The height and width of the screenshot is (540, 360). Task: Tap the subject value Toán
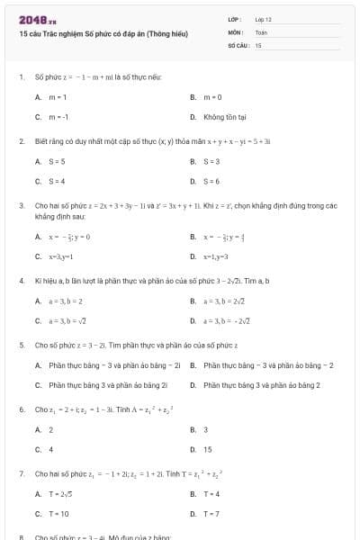click(x=261, y=31)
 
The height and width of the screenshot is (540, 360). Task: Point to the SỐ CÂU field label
click(x=238, y=43)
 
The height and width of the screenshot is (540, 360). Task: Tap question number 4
click(x=21, y=281)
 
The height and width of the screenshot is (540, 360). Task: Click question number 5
click(x=21, y=345)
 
